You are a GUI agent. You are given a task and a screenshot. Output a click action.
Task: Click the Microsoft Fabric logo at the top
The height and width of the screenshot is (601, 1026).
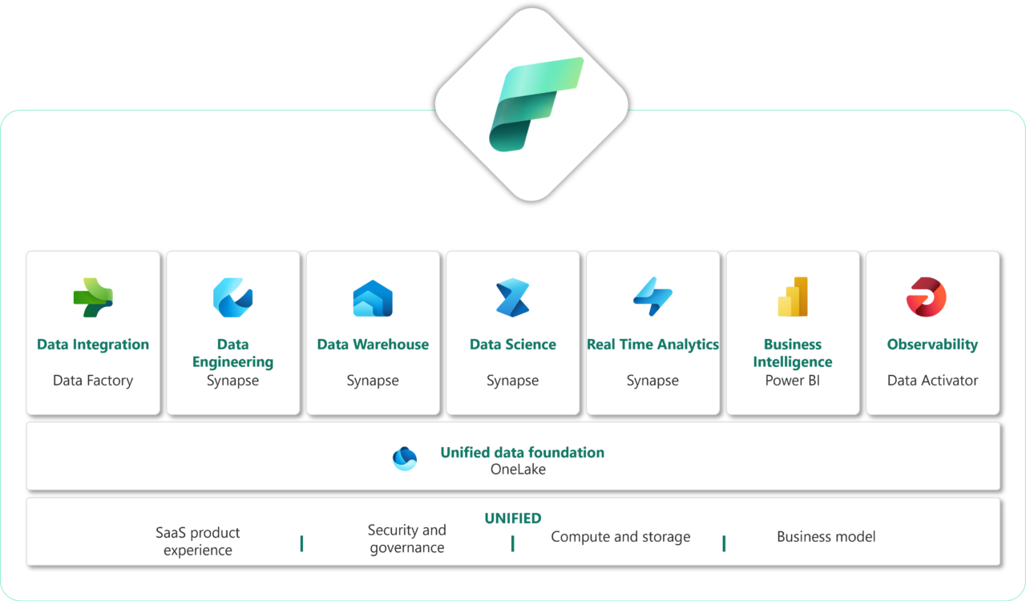tap(531, 104)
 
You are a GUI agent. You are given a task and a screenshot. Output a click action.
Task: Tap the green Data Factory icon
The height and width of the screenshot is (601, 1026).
tap(93, 297)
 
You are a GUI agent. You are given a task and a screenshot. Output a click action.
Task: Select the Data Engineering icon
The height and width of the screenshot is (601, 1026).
tap(232, 297)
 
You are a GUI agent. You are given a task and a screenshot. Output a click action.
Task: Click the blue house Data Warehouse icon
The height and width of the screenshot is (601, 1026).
tap(373, 298)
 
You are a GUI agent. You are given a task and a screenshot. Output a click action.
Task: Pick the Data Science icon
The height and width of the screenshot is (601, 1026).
tap(512, 297)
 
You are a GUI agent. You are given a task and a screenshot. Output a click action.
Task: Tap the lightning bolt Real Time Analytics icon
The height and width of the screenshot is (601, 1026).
tap(652, 297)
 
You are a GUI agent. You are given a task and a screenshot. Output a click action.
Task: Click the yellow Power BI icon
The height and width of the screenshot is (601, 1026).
tap(793, 297)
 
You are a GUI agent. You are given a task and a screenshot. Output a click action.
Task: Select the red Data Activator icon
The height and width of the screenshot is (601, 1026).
tap(927, 297)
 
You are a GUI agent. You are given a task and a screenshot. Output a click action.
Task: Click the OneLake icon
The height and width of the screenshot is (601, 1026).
tap(405, 458)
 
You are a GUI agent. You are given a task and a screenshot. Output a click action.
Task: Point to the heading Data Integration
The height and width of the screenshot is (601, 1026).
tap(93, 345)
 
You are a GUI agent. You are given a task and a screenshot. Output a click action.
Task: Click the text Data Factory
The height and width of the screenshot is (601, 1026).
tap(93, 381)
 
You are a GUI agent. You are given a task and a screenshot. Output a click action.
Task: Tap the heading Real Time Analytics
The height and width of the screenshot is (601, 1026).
tap(652, 345)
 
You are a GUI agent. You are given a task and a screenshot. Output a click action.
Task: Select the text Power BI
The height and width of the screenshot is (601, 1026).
tap(793, 381)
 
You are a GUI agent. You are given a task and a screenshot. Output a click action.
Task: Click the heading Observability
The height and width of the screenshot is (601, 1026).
tap(932, 345)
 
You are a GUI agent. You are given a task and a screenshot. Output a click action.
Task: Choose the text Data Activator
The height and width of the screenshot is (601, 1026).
tap(932, 381)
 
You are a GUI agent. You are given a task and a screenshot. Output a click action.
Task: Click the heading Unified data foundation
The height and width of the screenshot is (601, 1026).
tap(522, 452)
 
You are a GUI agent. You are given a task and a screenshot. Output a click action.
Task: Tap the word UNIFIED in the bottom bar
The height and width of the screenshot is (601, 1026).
tap(513, 518)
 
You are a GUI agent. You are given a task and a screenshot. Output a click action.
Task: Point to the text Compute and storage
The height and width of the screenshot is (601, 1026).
tap(620, 537)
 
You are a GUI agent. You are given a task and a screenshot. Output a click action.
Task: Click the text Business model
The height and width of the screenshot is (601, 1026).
tap(826, 537)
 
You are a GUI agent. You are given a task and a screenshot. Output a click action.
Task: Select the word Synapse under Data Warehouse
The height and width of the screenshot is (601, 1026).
tap(373, 381)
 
